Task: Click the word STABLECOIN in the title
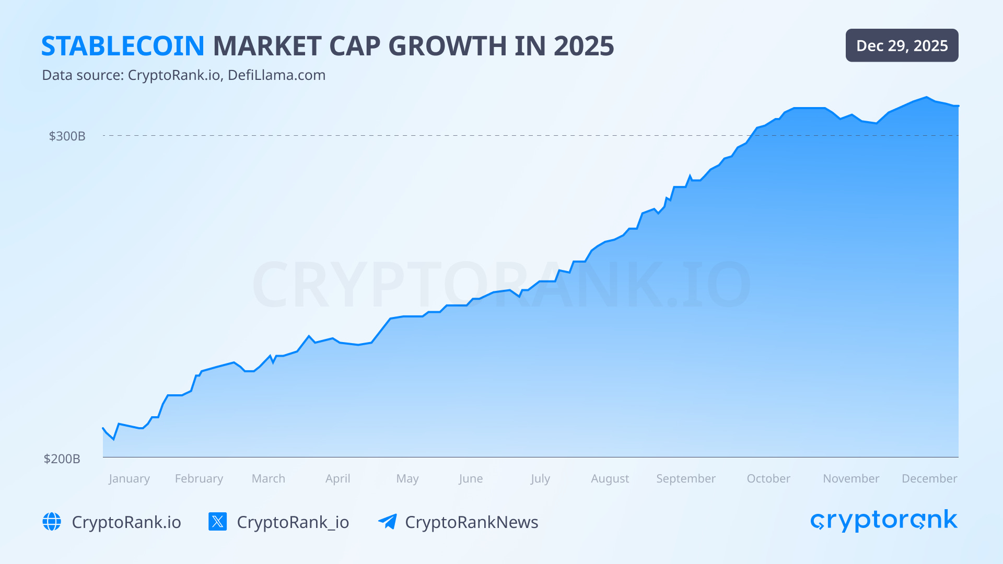tap(123, 46)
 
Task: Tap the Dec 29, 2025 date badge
tap(902, 45)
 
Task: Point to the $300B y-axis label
tap(67, 136)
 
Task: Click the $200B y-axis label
tap(62, 459)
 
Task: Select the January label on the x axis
tap(129, 478)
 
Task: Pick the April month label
tap(337, 478)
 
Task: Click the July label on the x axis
tap(540, 478)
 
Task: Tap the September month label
tap(685, 478)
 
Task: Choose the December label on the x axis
tap(929, 478)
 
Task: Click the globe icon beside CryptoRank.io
tap(52, 522)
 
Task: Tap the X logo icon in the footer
tap(217, 522)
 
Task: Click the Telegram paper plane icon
tap(387, 522)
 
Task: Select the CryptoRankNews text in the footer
tap(471, 522)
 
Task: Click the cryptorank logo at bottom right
tap(883, 521)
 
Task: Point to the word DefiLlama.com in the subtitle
tap(276, 75)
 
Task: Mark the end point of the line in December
tap(958, 106)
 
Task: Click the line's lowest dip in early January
tap(113, 439)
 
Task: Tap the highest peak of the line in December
tap(927, 97)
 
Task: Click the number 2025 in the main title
tap(584, 46)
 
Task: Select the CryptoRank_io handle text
tap(293, 522)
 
